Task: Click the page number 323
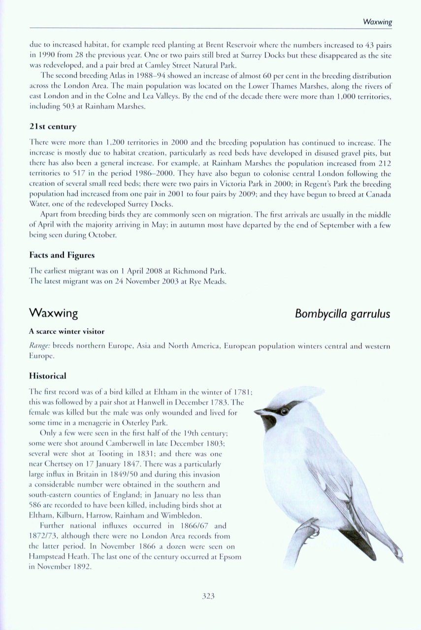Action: (x=209, y=596)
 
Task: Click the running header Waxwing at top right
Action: (x=377, y=22)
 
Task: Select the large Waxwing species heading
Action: (x=53, y=313)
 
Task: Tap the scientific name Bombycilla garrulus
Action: (x=342, y=314)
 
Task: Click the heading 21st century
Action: (x=53, y=126)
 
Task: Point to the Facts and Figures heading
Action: (x=62, y=255)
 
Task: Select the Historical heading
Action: (x=48, y=376)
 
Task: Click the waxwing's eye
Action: (x=283, y=410)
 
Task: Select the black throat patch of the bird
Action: (x=269, y=422)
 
